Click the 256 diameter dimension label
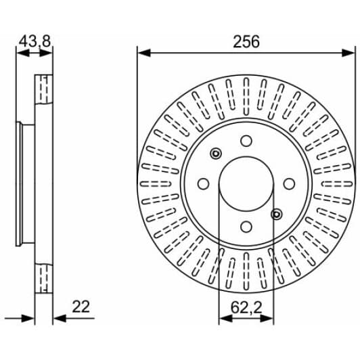coord(246,41)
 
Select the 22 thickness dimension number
coord(81,307)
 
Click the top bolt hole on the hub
coord(246,141)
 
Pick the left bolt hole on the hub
coord(202,184)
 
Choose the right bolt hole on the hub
coord(290,184)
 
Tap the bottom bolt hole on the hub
coord(246,227)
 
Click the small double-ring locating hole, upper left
coord(216,154)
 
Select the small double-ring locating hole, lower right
coord(276,215)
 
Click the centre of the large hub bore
coord(246,184)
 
